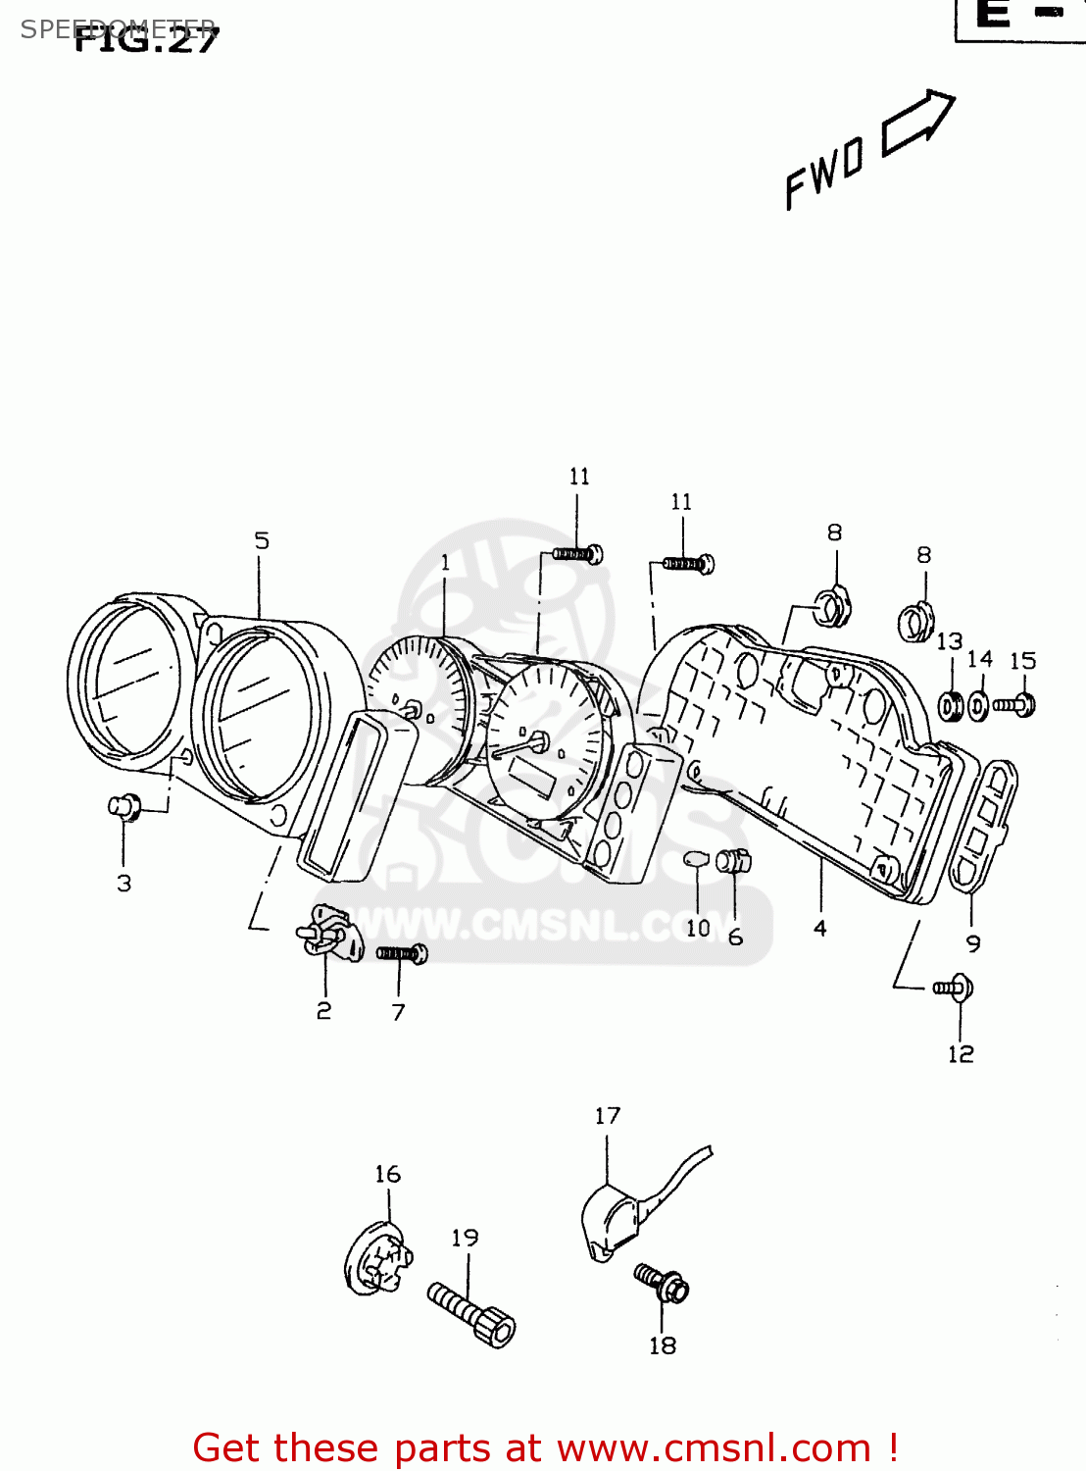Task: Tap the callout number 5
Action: pos(262,540)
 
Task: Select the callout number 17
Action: pos(608,1116)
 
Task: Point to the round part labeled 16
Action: pos(378,1259)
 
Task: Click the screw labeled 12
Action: pos(953,988)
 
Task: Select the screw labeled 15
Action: pos(1014,704)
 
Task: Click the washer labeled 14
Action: pos(979,705)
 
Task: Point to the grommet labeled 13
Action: pos(950,705)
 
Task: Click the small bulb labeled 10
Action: pos(695,860)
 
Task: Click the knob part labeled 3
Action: pos(124,807)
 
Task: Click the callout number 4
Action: pos(820,928)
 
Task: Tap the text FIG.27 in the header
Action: pos(147,39)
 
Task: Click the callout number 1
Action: pos(446,563)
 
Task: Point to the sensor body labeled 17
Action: pos(610,1222)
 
